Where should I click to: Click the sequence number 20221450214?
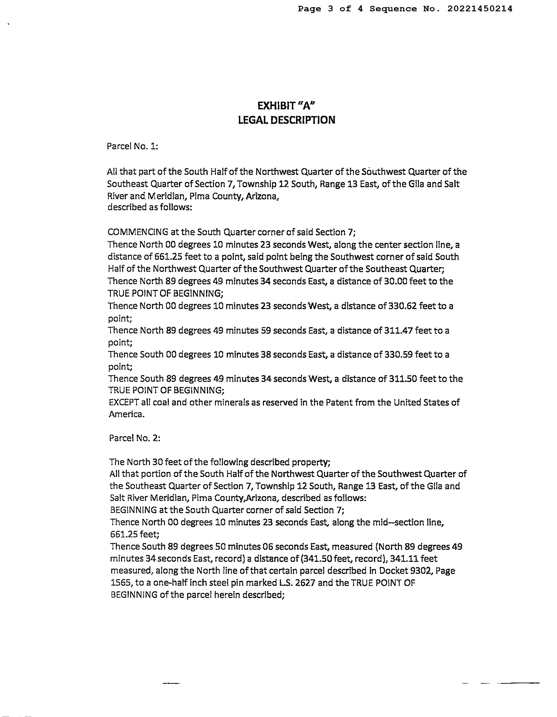tap(479, 9)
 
